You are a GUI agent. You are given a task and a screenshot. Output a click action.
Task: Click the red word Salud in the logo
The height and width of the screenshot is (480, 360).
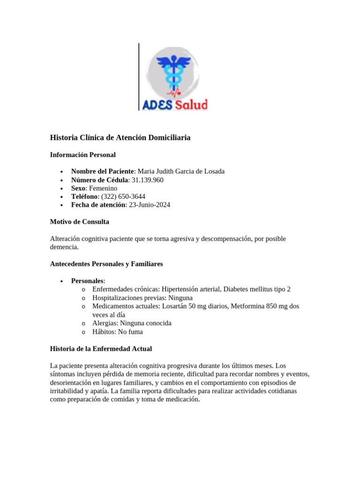191,105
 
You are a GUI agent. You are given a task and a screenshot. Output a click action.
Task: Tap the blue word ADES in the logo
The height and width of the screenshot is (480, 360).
158,105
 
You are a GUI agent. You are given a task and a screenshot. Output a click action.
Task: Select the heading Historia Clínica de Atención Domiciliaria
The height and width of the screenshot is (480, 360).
120,138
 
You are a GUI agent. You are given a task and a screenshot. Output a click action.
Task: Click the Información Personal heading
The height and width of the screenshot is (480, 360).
82,155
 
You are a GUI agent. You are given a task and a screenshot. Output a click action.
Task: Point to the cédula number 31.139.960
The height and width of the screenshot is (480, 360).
148,180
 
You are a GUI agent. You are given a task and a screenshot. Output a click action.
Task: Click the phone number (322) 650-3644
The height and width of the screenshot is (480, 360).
123,197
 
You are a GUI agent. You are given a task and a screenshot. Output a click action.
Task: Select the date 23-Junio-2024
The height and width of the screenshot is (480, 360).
150,205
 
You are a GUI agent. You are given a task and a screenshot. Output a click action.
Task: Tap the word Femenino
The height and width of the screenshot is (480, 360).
103,188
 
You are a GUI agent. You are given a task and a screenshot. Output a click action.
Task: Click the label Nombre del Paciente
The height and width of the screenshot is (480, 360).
102,172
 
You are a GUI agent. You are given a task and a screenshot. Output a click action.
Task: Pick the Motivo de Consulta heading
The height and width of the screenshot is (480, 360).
79,222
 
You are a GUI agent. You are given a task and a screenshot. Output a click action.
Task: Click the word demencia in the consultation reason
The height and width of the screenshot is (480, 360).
64,247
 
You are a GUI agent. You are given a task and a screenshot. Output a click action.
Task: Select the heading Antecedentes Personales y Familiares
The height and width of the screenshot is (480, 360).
106,264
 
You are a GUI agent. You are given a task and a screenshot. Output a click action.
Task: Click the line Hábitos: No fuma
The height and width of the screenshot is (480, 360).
117,332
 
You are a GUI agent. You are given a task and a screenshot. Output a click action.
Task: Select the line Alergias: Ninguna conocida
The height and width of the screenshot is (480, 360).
132,323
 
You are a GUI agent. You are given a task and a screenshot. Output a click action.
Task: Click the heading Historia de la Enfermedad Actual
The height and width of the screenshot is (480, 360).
101,349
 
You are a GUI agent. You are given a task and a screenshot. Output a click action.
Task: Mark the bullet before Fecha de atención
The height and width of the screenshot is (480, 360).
62,206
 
